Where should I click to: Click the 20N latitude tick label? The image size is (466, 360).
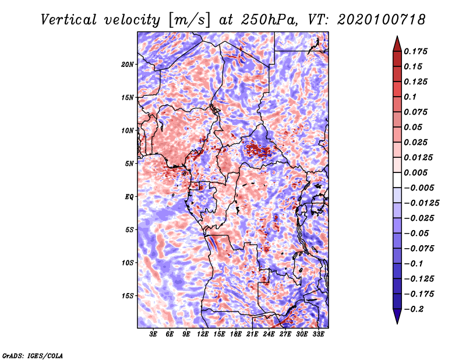128,65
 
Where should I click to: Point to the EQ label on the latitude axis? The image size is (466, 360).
129,197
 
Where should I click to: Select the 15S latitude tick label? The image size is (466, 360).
128,296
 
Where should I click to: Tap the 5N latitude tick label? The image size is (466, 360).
129,164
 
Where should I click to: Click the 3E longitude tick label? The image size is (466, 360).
153,334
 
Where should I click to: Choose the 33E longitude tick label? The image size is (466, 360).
318,334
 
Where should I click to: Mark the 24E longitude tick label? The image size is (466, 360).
269,334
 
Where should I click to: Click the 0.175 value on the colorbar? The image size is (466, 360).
415,51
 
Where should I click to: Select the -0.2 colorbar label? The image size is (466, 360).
414,309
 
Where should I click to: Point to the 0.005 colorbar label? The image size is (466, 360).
415,172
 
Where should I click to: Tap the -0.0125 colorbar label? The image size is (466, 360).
421,203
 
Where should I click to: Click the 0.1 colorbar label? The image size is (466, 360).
410,97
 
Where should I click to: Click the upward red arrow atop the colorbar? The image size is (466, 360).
397,44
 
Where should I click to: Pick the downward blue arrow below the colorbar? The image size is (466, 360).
397,316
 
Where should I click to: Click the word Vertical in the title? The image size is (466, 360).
68,20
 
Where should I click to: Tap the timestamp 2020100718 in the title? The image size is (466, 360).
381,20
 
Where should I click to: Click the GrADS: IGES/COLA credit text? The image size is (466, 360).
33,355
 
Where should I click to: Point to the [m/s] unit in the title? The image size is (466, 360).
189,20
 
